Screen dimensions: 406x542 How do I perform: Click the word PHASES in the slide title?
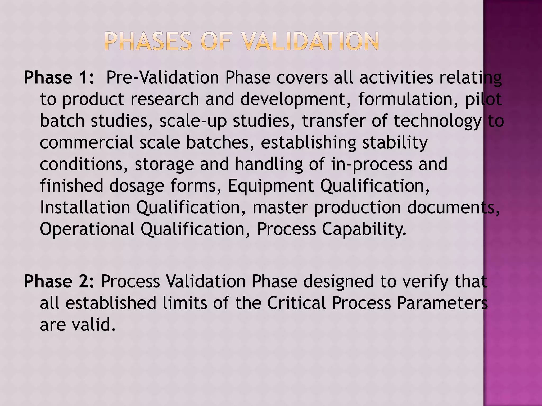pos(148,41)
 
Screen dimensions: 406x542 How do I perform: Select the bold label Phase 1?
pos(59,77)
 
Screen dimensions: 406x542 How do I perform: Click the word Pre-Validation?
pos(162,77)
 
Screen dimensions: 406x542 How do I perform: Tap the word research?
pos(165,99)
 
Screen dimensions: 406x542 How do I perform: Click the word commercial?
pos(87,142)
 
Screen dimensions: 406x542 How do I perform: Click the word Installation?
pos(85,207)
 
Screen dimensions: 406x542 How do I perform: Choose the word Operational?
pos(87,229)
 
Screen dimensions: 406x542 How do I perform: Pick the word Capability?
pos(364,229)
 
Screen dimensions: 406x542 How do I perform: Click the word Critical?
pos(296,303)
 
